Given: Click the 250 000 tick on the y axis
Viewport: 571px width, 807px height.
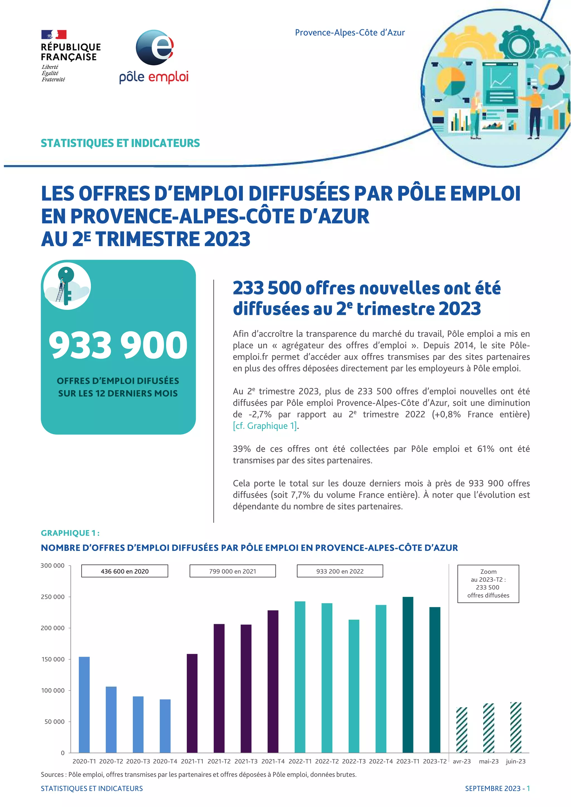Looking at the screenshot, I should (x=53, y=597).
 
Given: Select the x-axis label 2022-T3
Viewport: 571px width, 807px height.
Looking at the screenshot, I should (x=354, y=761).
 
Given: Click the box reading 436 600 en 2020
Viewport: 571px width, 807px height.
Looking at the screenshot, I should (x=124, y=571).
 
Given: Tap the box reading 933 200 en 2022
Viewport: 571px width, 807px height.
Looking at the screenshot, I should (x=340, y=571).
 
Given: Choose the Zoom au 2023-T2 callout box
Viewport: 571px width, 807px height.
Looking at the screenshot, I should (x=488, y=584).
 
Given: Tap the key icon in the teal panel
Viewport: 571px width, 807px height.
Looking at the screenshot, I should (x=66, y=285).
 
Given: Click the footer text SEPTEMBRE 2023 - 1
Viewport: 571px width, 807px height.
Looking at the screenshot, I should (x=497, y=788).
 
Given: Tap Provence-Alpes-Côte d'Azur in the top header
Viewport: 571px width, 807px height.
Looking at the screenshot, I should (x=350, y=33).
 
